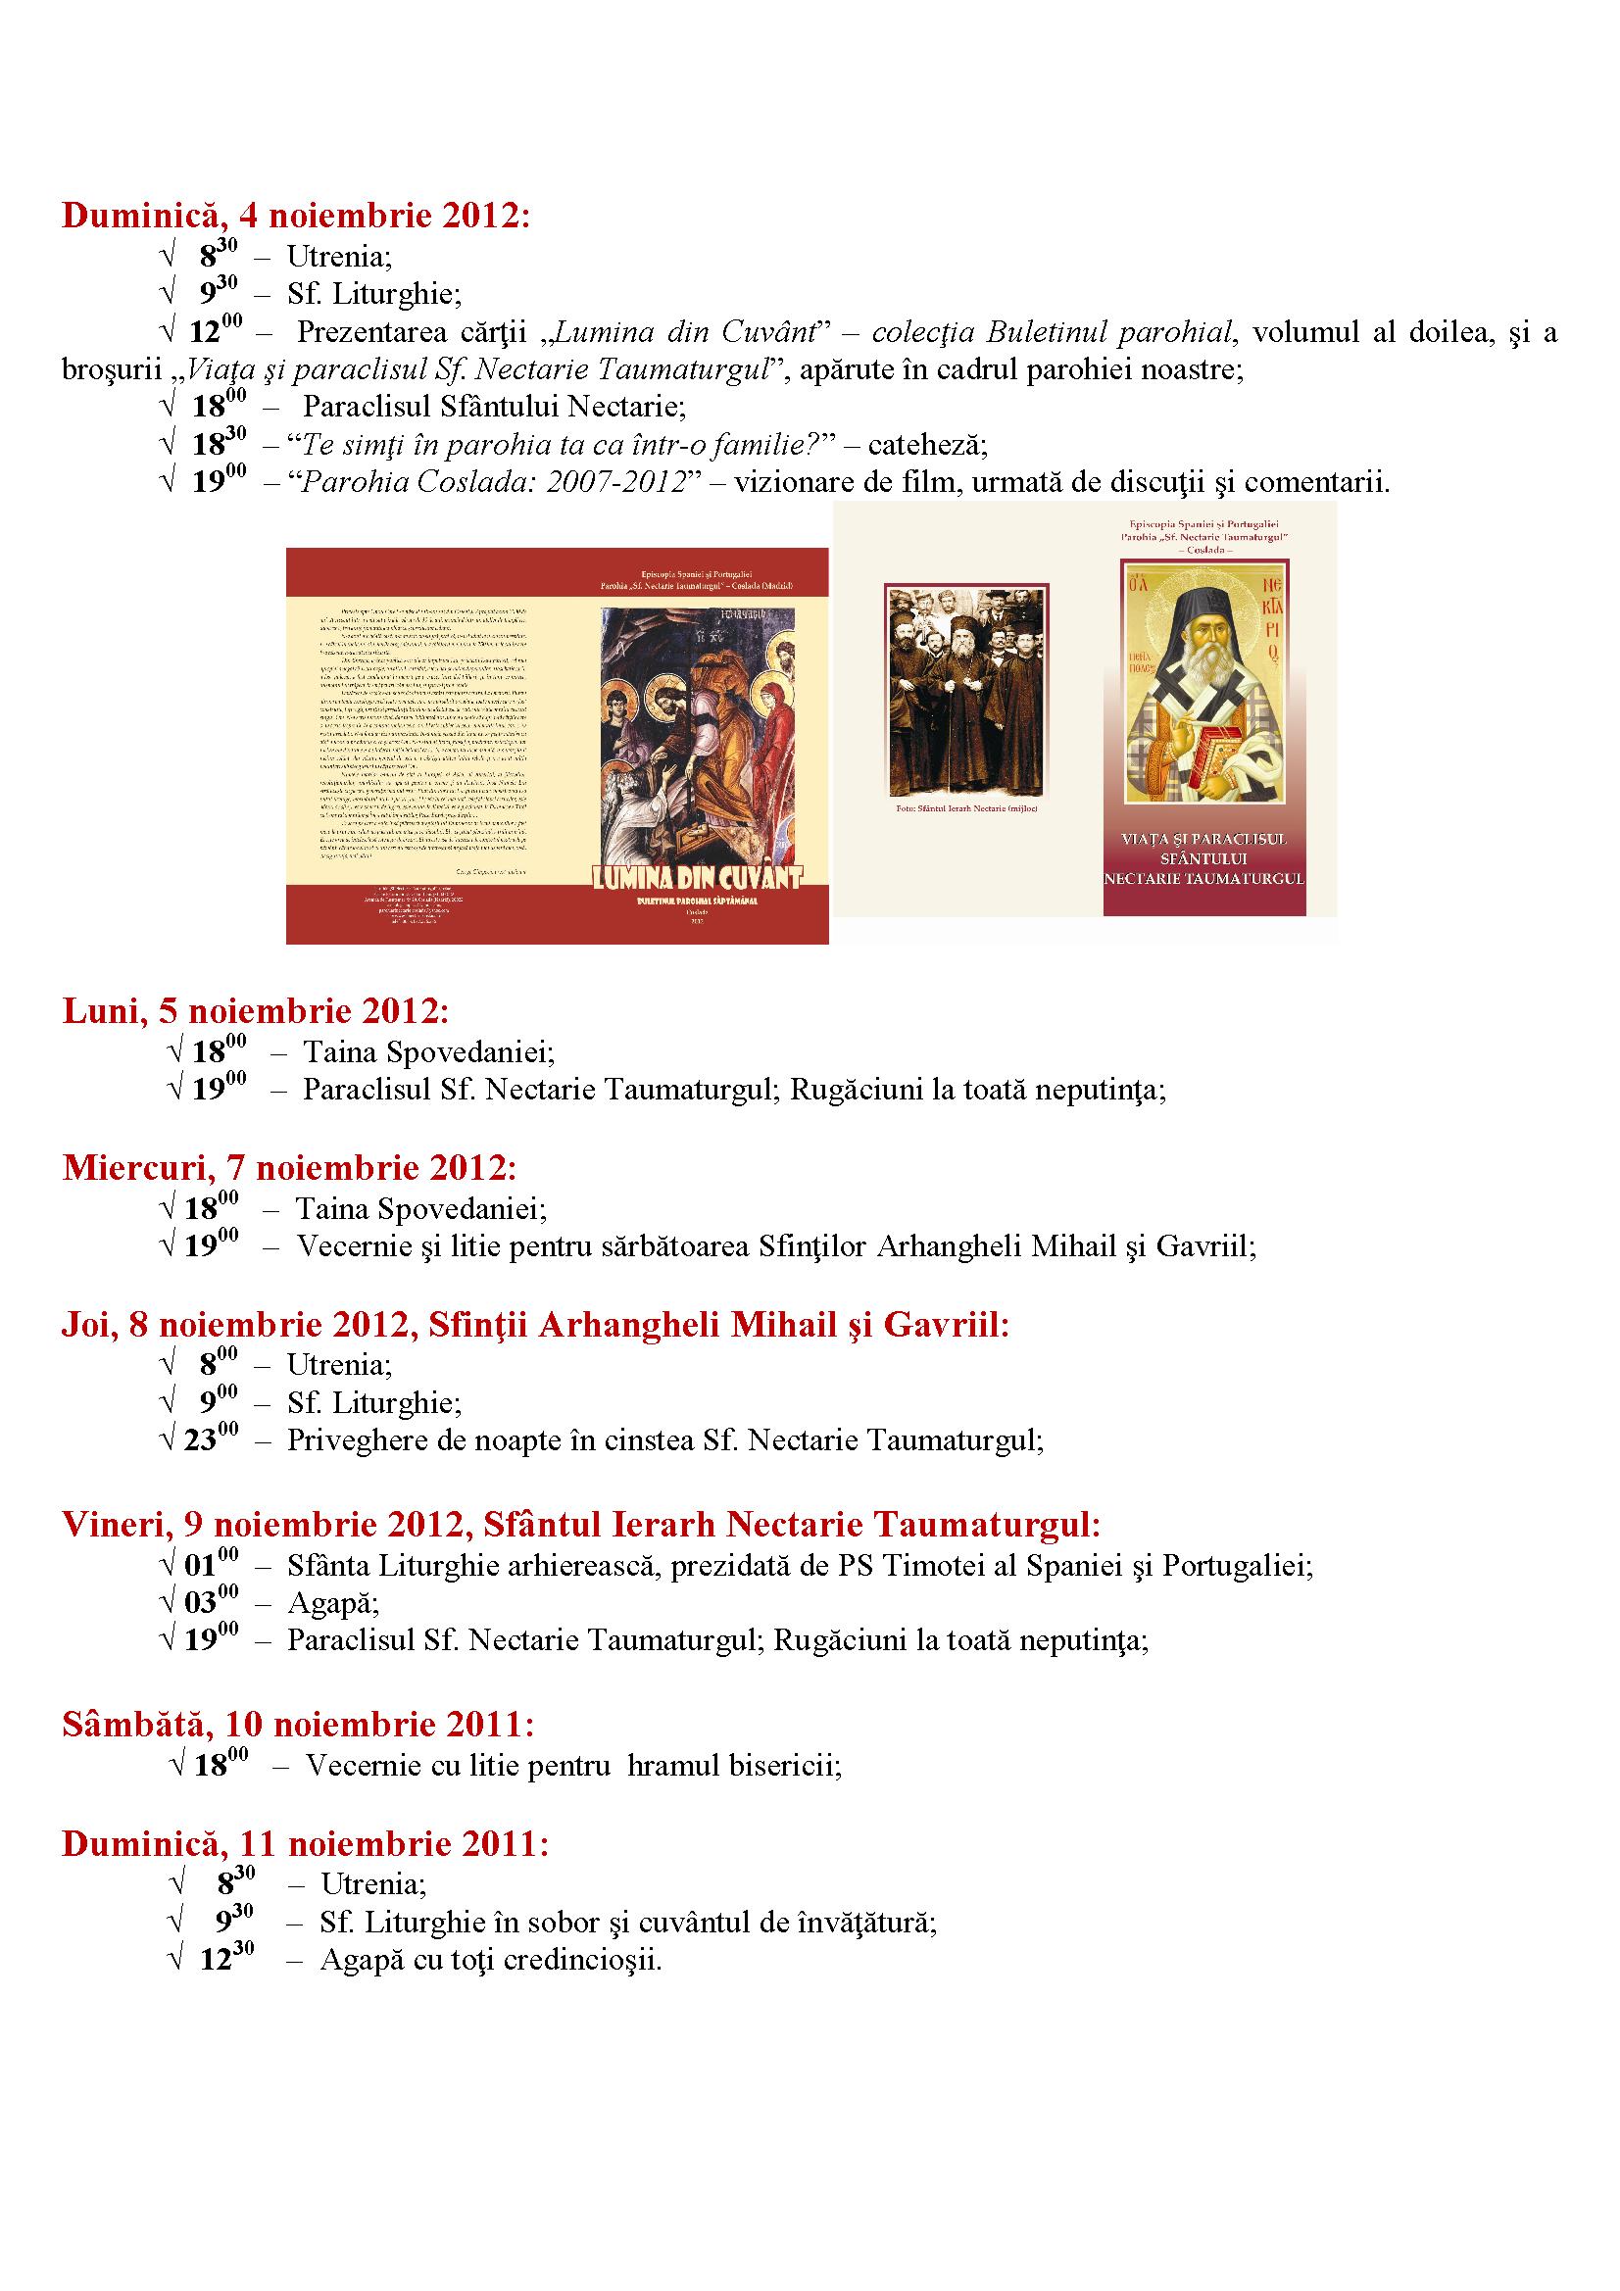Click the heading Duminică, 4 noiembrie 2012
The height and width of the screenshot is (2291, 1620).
(x=295, y=217)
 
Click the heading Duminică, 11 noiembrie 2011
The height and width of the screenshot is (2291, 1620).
(x=305, y=1843)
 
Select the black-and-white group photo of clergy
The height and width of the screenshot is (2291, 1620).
(x=965, y=691)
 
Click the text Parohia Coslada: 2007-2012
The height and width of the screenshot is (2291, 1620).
(x=495, y=483)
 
